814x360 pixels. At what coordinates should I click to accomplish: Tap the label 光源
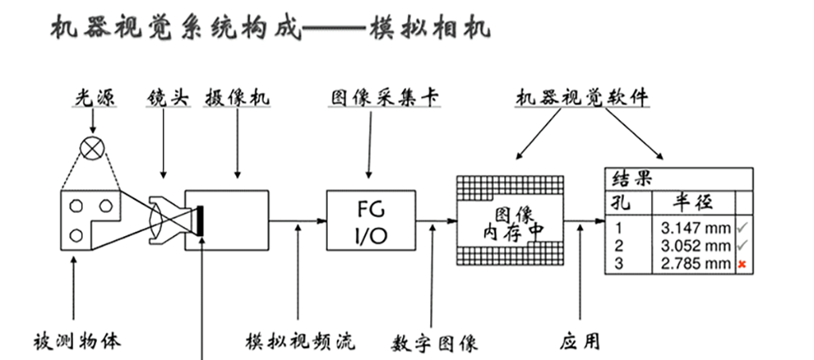point(93,99)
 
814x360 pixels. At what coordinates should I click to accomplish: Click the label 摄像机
point(238,99)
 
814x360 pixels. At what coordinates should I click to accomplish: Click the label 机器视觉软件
point(583,99)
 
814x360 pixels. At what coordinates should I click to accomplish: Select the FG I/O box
point(370,220)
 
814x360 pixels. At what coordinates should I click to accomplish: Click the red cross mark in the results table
point(742,263)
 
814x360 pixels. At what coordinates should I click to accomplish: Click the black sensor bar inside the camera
point(203,220)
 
